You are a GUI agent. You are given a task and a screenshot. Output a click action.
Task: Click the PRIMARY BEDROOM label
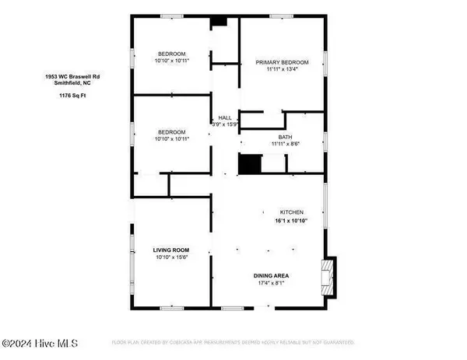(x=283, y=62)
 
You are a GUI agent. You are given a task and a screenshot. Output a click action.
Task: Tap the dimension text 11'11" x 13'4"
(x=283, y=70)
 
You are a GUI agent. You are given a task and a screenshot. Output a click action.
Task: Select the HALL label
(x=224, y=117)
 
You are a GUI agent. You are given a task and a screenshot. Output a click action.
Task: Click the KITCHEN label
(x=292, y=212)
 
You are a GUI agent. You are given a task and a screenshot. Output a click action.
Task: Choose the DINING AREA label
(x=270, y=276)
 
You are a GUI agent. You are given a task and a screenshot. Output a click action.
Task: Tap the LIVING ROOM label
(x=170, y=250)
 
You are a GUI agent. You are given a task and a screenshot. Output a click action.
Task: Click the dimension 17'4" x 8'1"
(x=270, y=284)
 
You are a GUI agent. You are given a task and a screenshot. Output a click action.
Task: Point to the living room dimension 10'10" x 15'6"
(x=170, y=258)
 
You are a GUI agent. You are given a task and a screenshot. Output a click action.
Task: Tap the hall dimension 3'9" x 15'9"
(x=224, y=124)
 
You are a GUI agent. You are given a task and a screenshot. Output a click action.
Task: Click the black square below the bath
(x=248, y=165)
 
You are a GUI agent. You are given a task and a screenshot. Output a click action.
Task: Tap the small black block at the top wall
(x=219, y=22)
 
